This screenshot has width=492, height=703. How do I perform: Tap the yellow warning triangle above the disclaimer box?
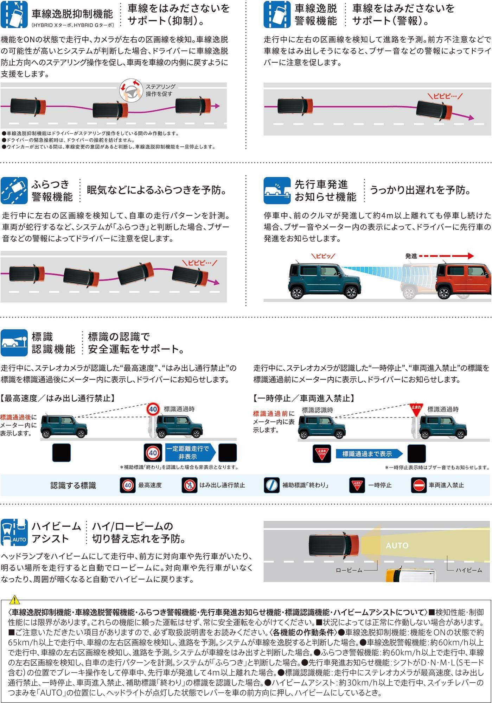click(x=15, y=600)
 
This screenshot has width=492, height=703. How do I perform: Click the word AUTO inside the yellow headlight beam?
click(x=397, y=545)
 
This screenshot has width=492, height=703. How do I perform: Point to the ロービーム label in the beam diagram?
click(x=349, y=570)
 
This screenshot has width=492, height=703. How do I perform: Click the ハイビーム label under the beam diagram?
click(x=469, y=570)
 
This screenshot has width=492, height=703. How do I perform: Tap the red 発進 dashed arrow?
click(x=446, y=256)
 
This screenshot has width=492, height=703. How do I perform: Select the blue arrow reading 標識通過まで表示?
click(x=369, y=454)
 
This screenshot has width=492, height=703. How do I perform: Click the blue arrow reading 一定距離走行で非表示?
click(x=190, y=453)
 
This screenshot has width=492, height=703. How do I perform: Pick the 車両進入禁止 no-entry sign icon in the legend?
click(x=419, y=485)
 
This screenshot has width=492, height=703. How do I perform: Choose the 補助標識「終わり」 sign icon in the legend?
click(x=272, y=485)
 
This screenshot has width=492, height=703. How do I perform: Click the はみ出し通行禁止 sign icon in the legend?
click(x=190, y=485)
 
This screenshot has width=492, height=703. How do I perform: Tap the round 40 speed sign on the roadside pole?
click(x=153, y=409)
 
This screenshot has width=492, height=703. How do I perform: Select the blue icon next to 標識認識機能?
click(x=14, y=343)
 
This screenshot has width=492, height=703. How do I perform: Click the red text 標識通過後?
click(x=16, y=417)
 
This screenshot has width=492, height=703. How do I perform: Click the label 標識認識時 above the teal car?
click(x=318, y=410)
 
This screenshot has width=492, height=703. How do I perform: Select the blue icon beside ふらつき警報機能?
click(x=14, y=191)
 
